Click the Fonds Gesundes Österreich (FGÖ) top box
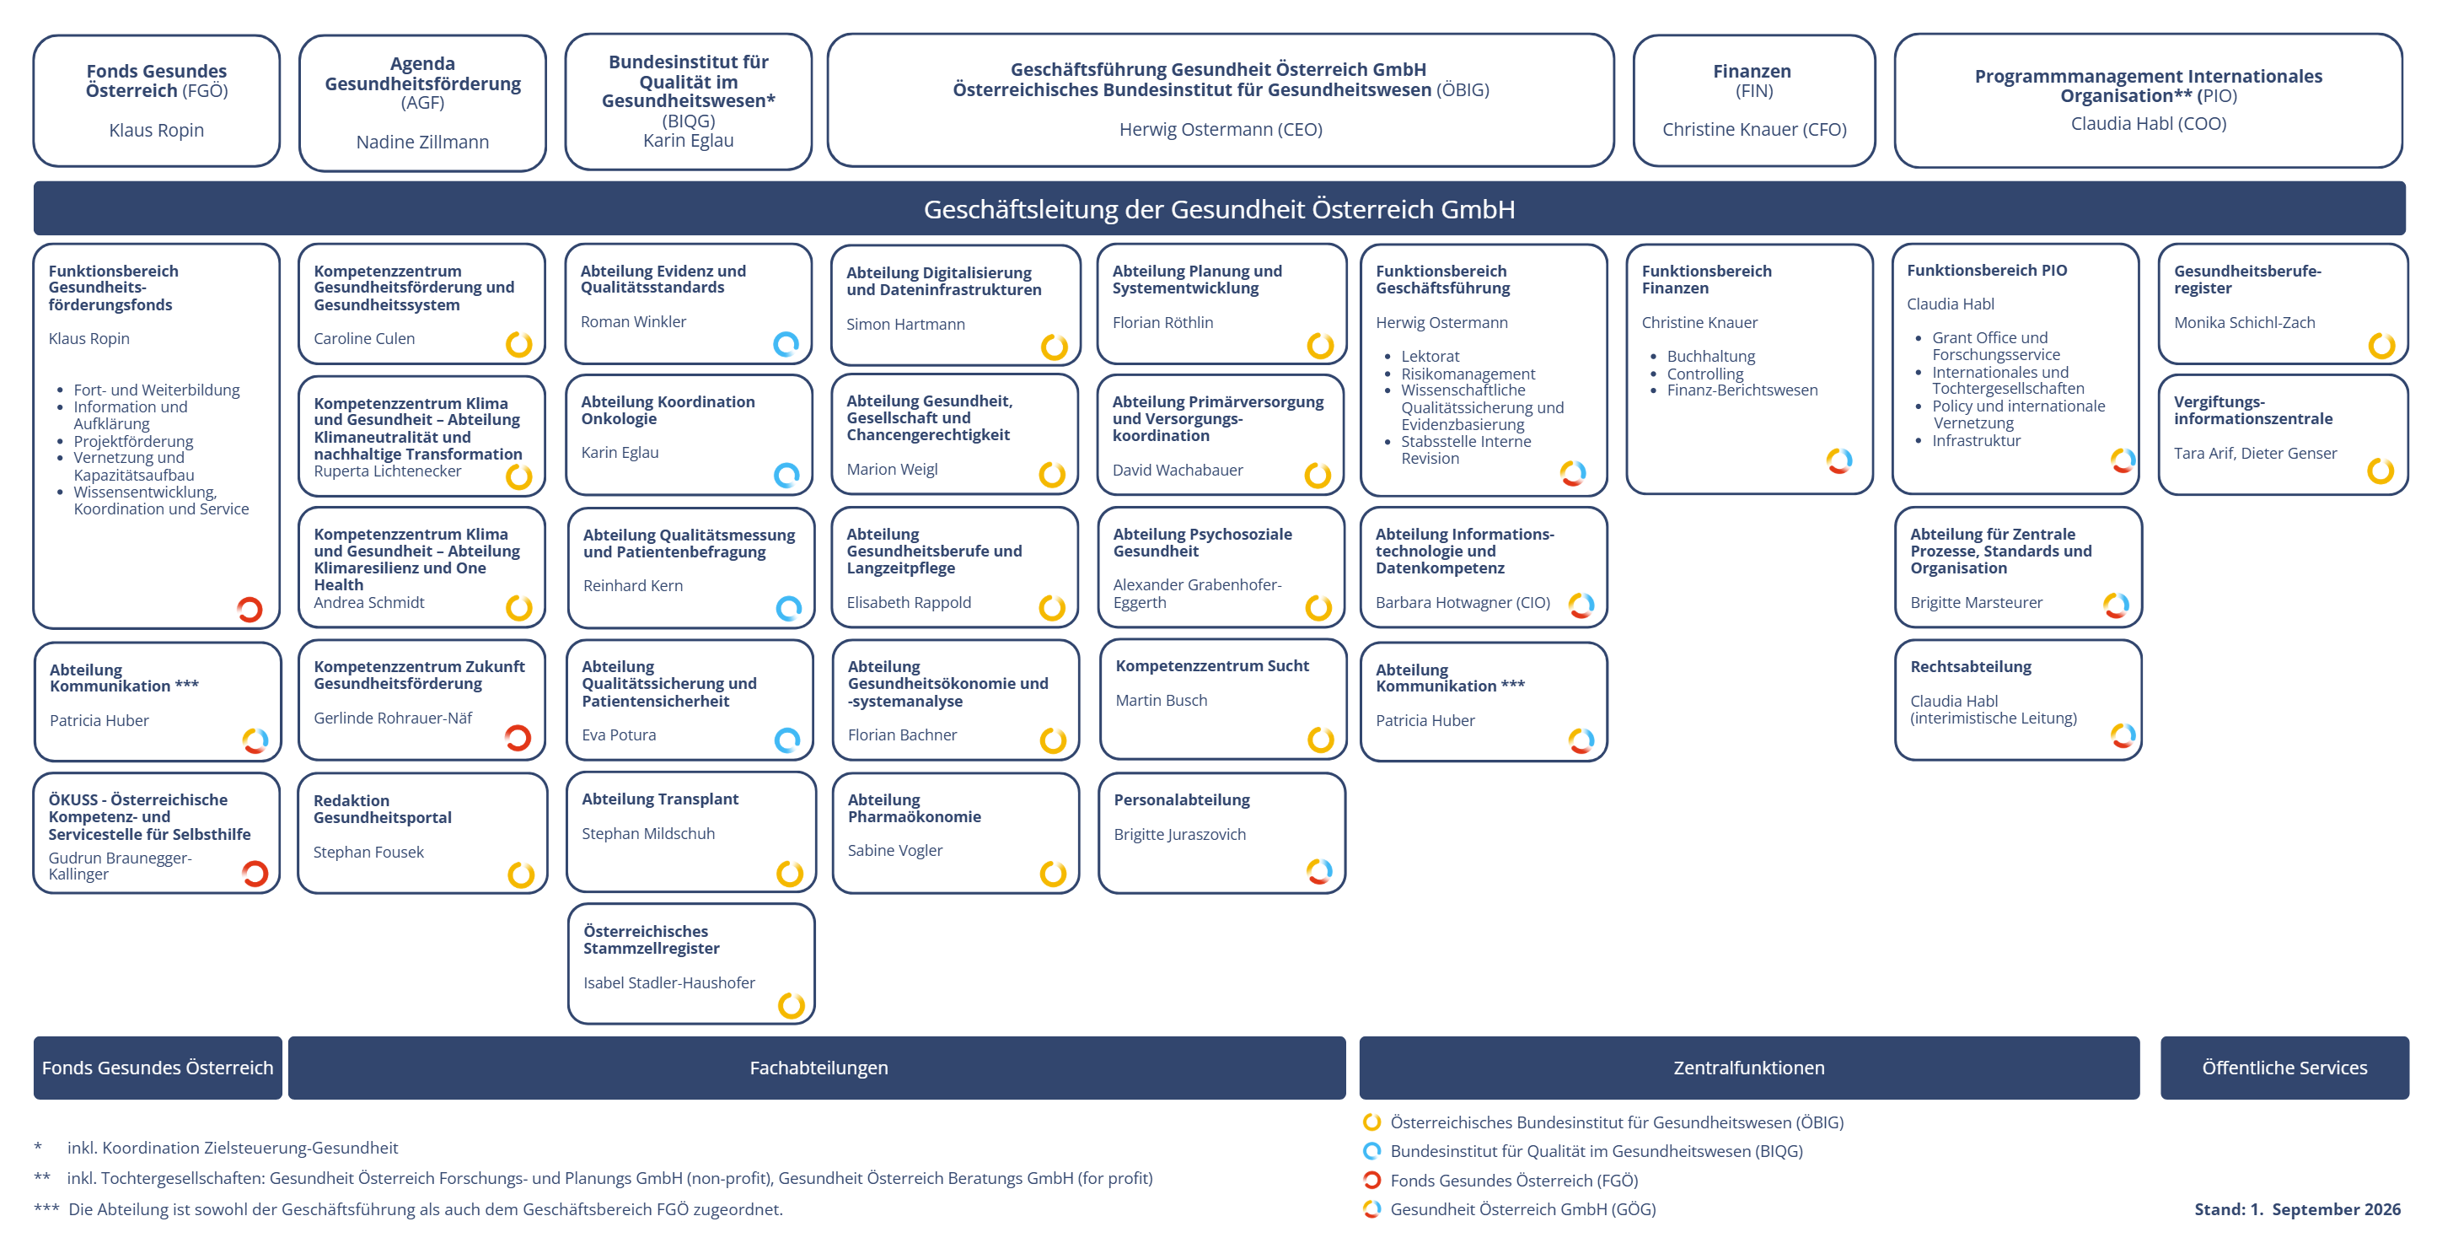click(156, 101)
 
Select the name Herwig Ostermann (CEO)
click(1220, 130)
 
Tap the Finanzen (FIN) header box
click(1753, 101)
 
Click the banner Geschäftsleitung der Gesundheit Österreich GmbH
click(1219, 208)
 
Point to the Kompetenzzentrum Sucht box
click(1221, 700)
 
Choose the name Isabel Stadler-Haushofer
click(668, 983)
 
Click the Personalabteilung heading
click(1181, 800)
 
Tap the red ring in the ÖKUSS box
click(255, 874)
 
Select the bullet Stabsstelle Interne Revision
click(1466, 449)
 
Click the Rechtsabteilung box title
click(1970, 667)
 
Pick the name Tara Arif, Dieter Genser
click(2254, 454)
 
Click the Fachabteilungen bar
click(817, 1068)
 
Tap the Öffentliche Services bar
click(2284, 1068)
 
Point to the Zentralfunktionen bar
click(1748, 1068)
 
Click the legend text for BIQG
click(1596, 1152)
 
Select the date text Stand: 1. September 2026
click(2297, 1209)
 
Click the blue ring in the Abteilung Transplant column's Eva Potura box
click(787, 740)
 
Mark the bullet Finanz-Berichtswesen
click(1742, 390)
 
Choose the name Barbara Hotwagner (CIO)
click(1462, 603)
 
